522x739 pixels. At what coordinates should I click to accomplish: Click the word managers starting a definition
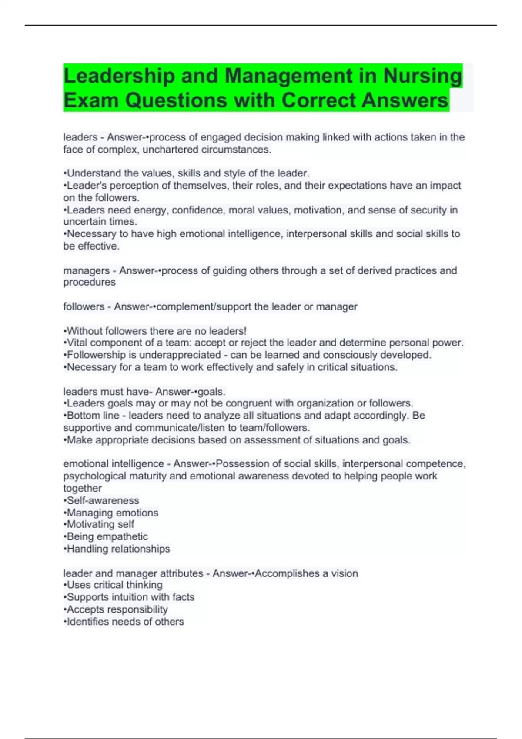tap(86, 270)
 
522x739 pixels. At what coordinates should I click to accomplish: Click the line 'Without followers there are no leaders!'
tap(155, 331)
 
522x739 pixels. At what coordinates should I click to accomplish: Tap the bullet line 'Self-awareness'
tap(101, 500)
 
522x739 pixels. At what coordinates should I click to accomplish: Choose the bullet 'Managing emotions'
tap(111, 513)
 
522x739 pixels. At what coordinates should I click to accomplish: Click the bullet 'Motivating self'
tap(99, 524)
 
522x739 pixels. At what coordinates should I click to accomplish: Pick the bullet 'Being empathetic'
tap(106, 536)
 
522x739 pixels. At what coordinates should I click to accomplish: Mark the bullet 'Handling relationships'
tap(117, 549)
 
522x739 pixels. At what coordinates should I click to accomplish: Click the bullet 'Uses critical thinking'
tap(113, 585)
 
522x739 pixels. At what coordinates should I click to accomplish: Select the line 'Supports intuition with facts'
tap(129, 597)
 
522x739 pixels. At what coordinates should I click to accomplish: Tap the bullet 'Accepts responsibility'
tap(116, 609)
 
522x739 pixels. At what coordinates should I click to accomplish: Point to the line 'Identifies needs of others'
tap(124, 622)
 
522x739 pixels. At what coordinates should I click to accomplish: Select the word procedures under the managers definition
tap(89, 282)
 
